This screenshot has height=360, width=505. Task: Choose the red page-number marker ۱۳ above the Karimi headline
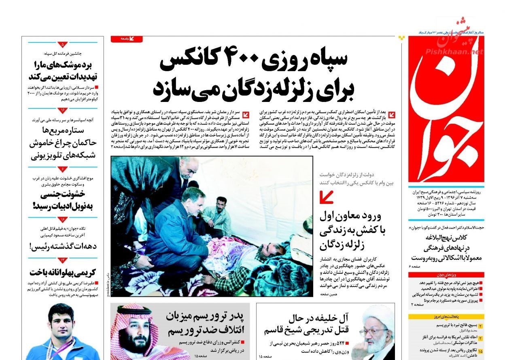(x=63, y=260)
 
